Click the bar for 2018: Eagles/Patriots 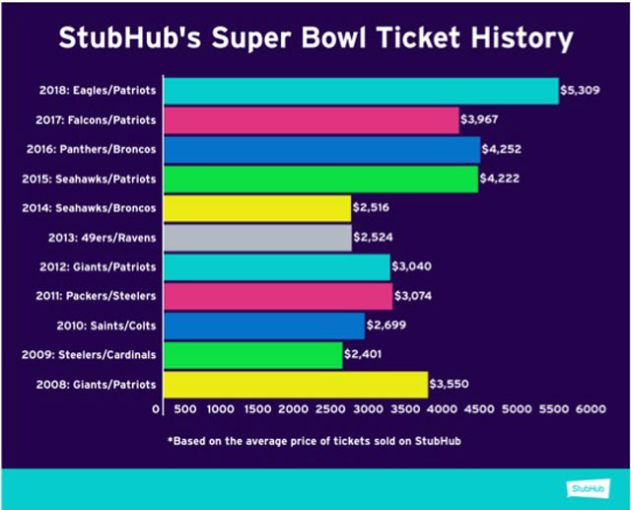[360, 91]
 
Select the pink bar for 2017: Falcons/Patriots [311, 120]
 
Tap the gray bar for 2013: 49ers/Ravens [256, 238]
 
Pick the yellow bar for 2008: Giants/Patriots [295, 384]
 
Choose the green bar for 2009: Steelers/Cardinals [252, 354]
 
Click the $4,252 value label [502, 150]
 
